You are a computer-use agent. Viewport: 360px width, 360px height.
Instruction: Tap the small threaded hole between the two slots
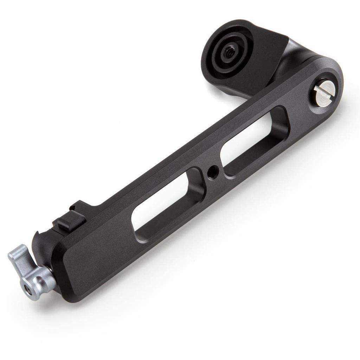[x=212, y=172]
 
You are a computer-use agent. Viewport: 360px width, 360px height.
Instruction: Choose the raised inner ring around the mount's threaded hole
[x=229, y=53]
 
